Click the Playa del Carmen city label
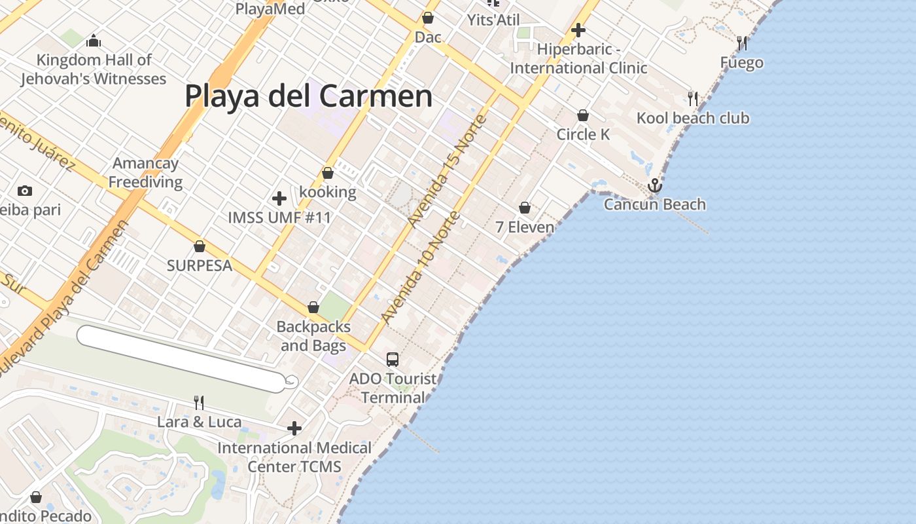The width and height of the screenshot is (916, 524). (308, 96)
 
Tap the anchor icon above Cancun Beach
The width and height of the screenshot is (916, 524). (655, 186)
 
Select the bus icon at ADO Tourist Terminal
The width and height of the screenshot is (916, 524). (393, 359)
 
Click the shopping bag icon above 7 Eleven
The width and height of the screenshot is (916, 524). (525, 208)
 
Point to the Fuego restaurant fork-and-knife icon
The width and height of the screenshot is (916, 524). (742, 43)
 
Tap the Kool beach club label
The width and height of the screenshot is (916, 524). (693, 119)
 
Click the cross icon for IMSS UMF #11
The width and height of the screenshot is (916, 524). (279, 198)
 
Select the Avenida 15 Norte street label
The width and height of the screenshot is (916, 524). (447, 171)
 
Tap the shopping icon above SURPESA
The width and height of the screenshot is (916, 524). (200, 246)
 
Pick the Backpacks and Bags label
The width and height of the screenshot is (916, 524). (313, 336)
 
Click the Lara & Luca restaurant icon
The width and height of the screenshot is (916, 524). (199, 402)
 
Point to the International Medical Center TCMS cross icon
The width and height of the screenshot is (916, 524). (294, 428)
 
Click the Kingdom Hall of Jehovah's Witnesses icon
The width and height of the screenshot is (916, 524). (94, 41)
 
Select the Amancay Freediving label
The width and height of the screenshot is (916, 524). (146, 172)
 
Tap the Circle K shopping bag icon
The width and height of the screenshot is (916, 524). (583, 115)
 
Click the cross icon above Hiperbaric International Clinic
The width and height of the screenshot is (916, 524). (578, 30)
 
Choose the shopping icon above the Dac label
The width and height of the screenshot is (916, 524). (428, 18)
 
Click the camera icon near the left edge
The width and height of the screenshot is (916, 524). (25, 191)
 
